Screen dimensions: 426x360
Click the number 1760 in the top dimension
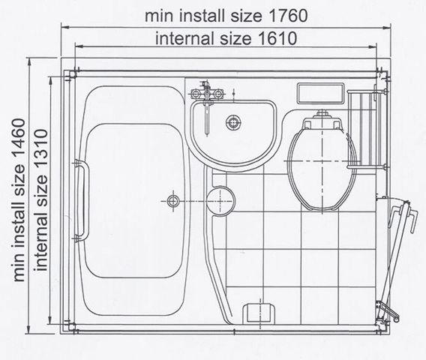pos(288,16)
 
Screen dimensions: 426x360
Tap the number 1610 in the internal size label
pos(277,38)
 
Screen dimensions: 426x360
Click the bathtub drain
pos(172,201)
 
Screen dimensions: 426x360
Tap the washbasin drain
pos(233,122)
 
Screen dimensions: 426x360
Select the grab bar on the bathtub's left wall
pos(82,200)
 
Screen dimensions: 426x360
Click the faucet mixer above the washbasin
pos(207,94)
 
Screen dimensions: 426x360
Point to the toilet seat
pos(322,169)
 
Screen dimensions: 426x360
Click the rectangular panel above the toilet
pos(320,94)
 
